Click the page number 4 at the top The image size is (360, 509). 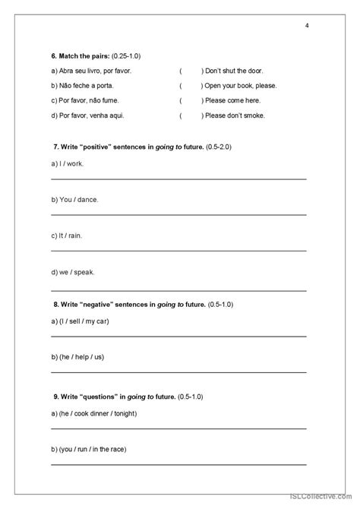[307, 26]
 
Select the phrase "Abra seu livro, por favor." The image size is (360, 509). [91, 71]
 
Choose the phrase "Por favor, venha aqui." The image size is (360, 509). [87, 115]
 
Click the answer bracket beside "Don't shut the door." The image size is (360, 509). [191, 71]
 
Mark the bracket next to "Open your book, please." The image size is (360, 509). [191, 86]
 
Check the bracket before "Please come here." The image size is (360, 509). [191, 100]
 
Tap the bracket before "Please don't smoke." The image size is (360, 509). [191, 115]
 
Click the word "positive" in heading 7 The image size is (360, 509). [98, 146]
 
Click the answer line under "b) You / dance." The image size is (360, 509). [178, 215]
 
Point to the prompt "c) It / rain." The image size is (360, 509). [67, 236]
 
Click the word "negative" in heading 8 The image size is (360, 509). [99, 305]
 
